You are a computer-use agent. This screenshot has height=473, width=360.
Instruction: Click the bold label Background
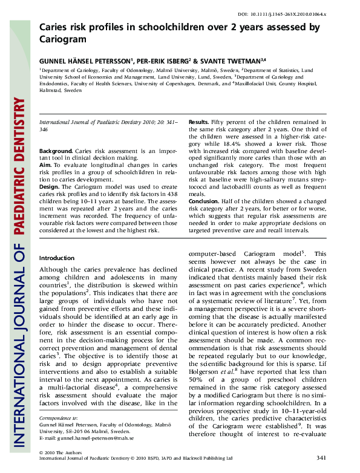pos(55,150)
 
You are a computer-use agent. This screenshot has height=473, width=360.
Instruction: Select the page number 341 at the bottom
pos(321,458)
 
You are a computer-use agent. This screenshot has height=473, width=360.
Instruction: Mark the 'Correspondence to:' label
pos(58,434)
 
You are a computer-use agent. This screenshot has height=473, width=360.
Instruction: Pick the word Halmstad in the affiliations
pos(51,90)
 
